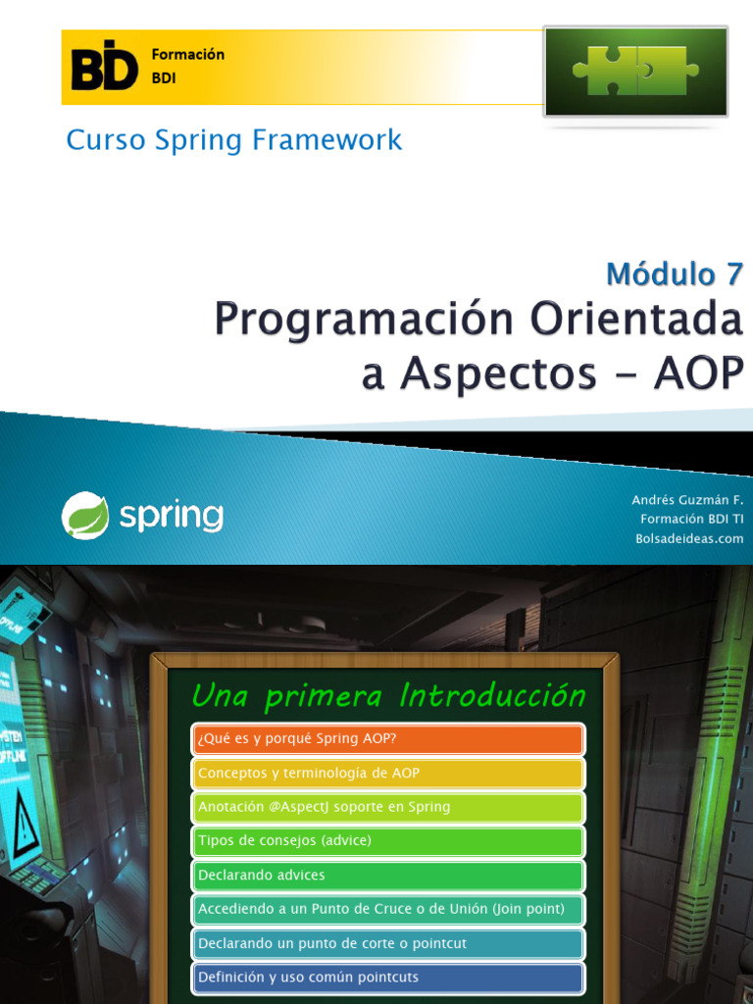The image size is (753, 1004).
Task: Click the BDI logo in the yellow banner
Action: (105, 66)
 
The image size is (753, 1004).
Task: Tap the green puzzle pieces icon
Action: (635, 72)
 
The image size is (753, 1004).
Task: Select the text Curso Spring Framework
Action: (234, 140)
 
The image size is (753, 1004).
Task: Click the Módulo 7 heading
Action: (674, 275)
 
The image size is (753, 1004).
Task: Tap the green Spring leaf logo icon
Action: (85, 516)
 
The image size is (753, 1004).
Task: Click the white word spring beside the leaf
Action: (172, 516)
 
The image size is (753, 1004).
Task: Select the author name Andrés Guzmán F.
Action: (687, 500)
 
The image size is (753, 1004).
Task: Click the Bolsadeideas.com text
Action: (689, 538)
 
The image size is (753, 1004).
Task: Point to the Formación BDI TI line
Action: (691, 519)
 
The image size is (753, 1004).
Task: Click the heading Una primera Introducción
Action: (388, 696)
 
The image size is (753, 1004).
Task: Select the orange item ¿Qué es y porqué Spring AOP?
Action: (388, 739)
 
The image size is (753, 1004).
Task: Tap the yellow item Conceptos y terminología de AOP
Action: (388, 774)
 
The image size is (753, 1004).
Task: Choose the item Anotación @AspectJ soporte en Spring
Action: (388, 807)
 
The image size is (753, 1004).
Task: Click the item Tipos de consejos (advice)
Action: (388, 841)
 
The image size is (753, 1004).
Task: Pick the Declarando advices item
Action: (388, 875)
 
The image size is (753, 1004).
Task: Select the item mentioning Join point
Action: (388, 909)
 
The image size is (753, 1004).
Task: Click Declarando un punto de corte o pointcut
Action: (388, 943)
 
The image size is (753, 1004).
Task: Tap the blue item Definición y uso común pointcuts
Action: (388, 978)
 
